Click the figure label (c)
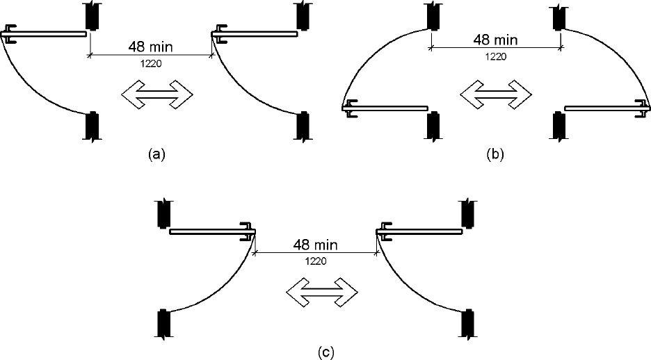tap(325, 352)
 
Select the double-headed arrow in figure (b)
tap(495, 92)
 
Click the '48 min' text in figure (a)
tap(150, 48)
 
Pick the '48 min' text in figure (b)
tap(495, 40)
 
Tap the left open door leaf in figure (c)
tap(209, 232)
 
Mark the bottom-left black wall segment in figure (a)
tap(92, 126)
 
